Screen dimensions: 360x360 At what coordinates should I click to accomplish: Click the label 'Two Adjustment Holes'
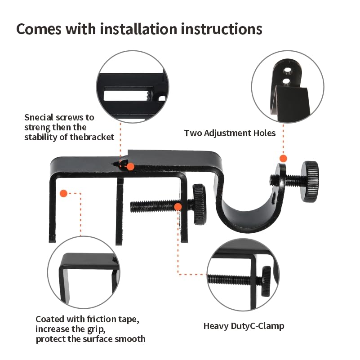point(230,133)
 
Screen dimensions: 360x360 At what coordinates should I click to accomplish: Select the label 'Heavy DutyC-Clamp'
point(244,326)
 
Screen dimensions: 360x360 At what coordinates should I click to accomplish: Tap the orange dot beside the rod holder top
point(283,158)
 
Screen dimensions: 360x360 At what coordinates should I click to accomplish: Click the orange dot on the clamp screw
point(178,206)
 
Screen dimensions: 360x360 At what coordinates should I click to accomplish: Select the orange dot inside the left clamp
point(63,193)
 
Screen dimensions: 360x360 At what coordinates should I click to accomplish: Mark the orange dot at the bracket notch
point(130,166)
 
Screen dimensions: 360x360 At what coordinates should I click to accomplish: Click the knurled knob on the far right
point(310,181)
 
